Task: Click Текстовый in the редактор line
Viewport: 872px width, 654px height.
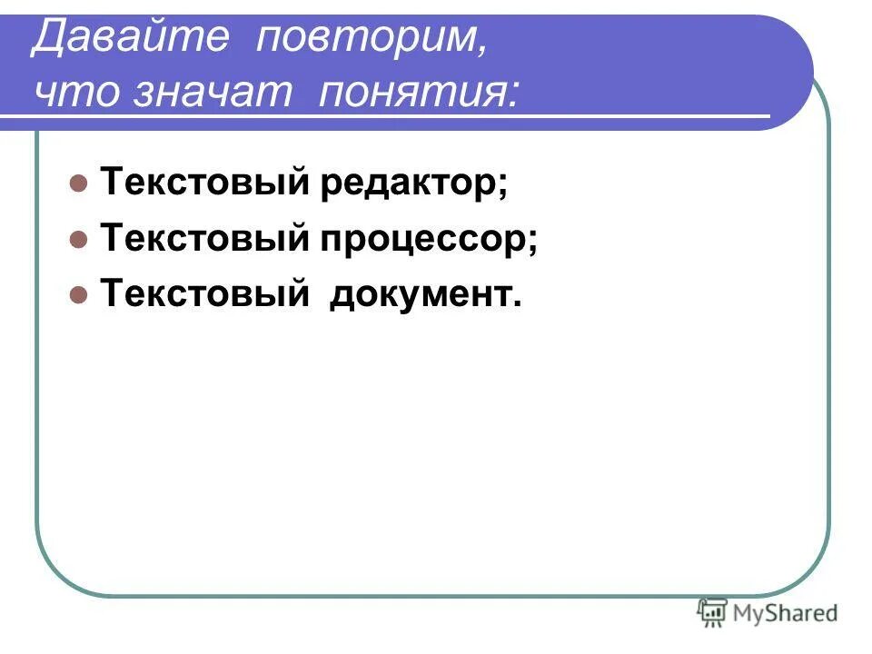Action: click(203, 184)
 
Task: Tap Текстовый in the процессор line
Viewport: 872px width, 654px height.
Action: click(203, 240)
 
